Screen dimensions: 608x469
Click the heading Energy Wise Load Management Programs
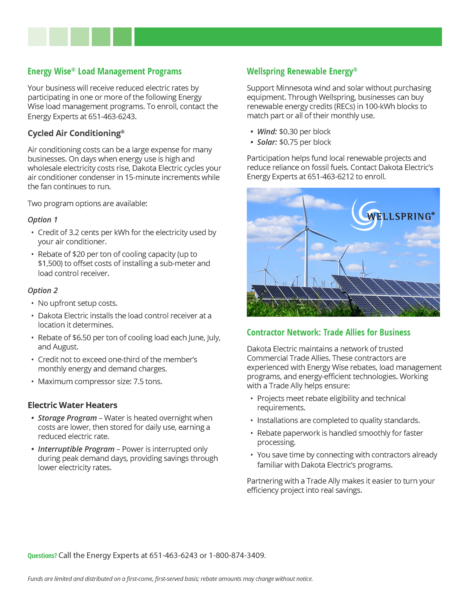tap(105, 71)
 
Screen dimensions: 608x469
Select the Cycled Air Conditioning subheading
tap(76, 133)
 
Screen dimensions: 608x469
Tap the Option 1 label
tap(42, 220)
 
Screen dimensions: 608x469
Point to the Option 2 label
tap(42, 290)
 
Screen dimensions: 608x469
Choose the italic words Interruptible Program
tap(76, 449)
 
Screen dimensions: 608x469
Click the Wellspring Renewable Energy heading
tap(302, 71)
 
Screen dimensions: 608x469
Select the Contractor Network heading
tap(328, 332)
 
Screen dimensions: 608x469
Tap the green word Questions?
tap(42, 556)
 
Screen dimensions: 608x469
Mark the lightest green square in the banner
tap(37, 37)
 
